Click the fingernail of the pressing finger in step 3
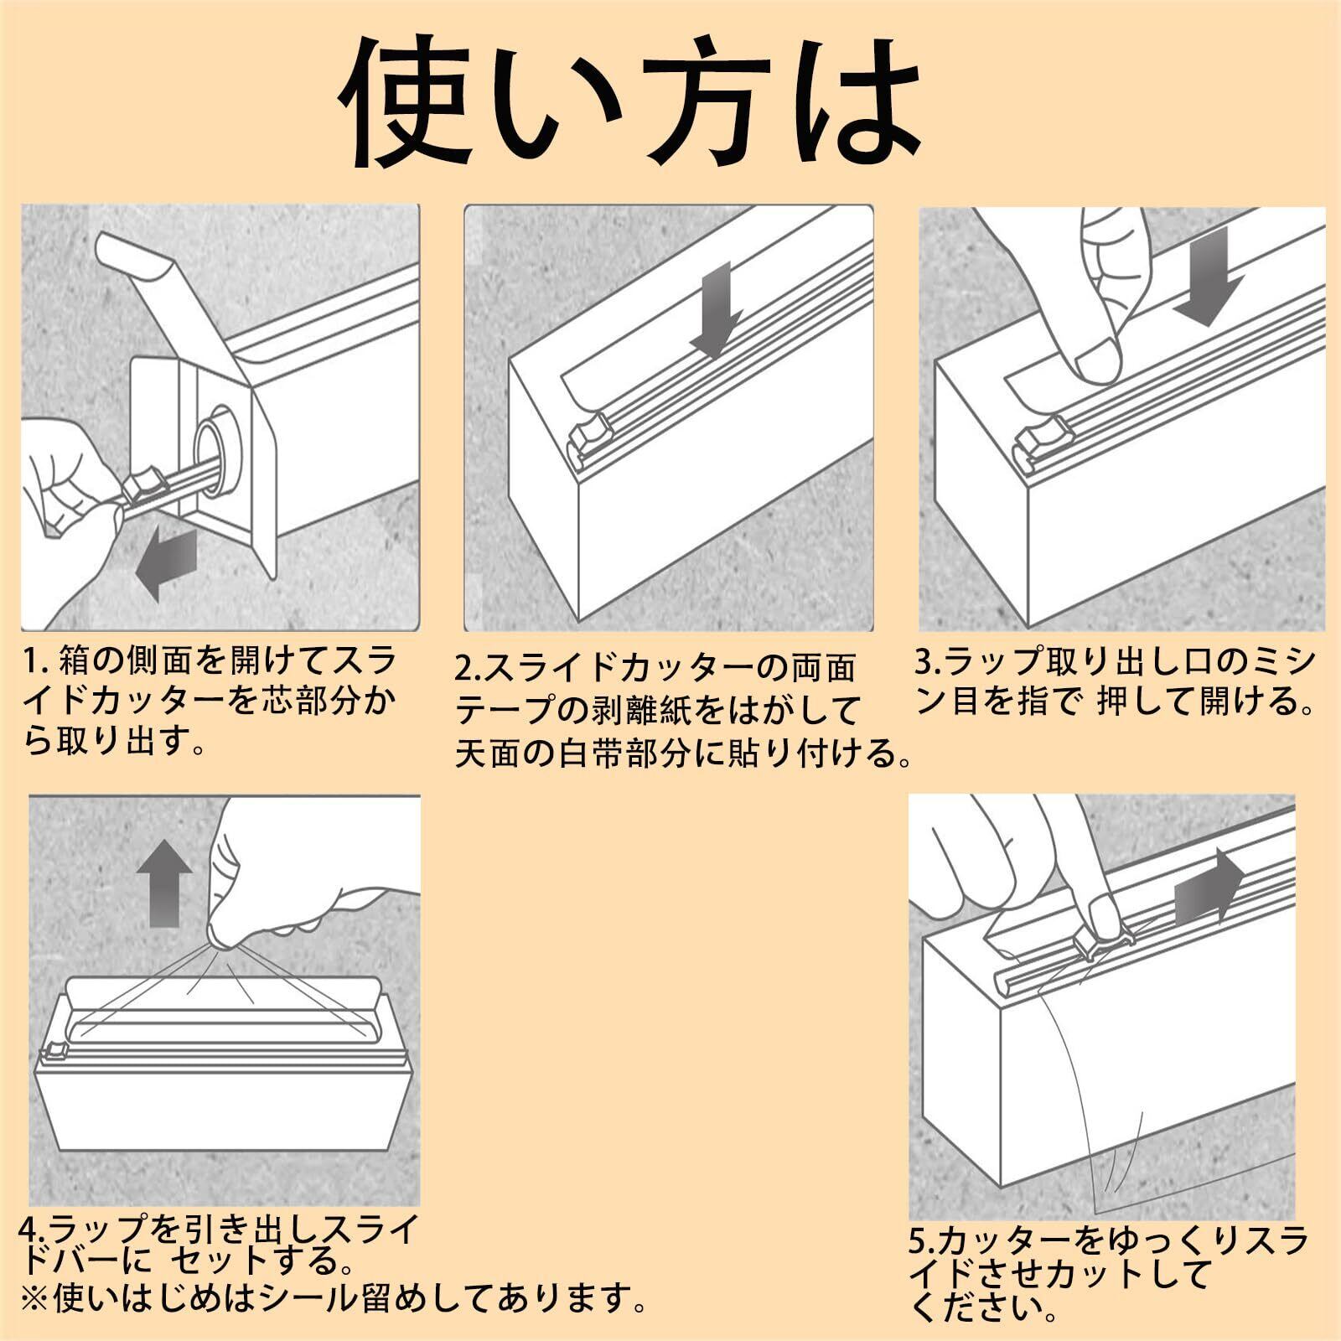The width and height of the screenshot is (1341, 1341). (1099, 356)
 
